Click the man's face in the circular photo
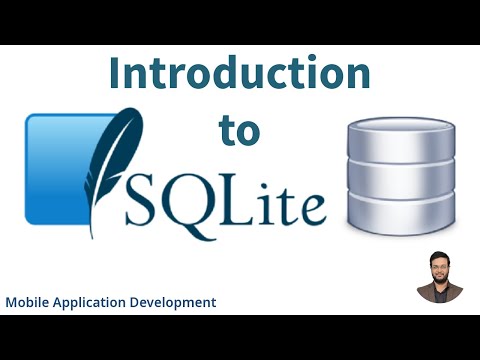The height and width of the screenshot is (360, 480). click(x=440, y=269)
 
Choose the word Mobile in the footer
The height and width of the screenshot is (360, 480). click(x=28, y=301)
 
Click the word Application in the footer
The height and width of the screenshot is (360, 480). click(x=93, y=302)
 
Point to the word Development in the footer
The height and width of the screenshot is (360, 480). click(x=176, y=302)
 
